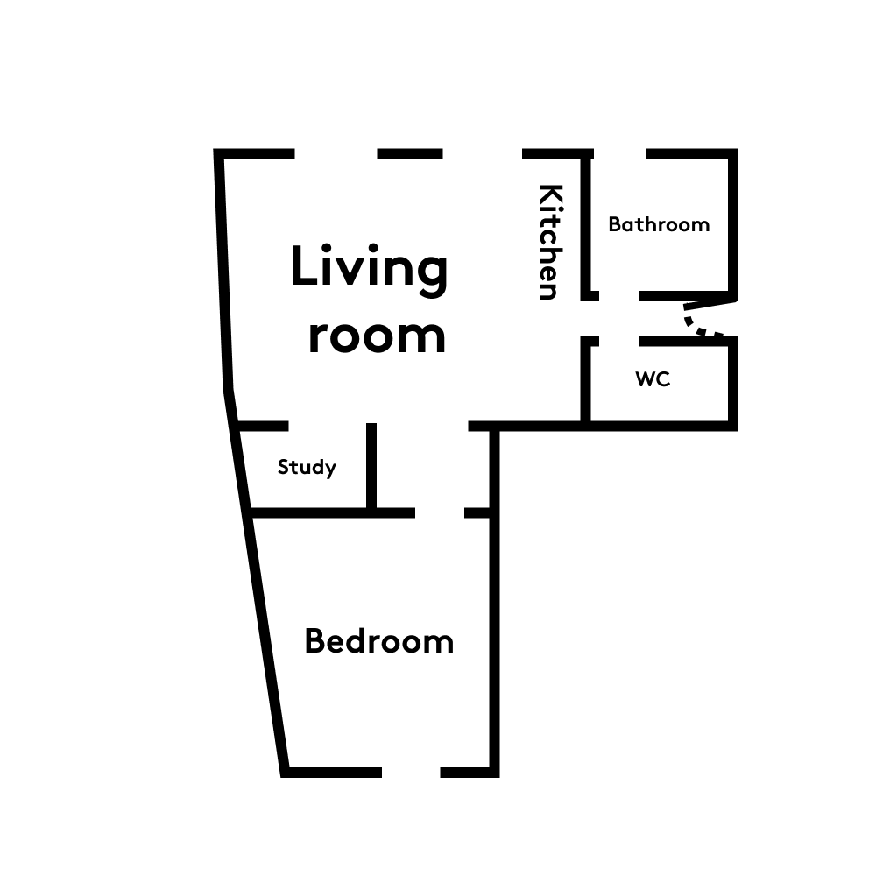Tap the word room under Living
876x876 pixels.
point(377,336)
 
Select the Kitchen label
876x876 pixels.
point(550,242)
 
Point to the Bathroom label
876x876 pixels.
point(659,224)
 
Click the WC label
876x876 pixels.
point(653,378)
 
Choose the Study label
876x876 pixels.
point(307,467)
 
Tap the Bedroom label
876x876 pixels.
point(378,641)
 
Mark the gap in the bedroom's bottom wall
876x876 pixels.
point(411,773)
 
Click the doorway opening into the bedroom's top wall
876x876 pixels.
point(440,512)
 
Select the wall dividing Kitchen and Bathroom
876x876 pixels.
point(586,225)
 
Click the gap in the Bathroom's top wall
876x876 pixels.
point(620,153)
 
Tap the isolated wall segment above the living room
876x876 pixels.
point(410,153)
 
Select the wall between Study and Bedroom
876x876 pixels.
point(333,512)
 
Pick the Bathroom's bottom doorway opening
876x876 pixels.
point(619,296)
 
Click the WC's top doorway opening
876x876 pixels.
point(619,342)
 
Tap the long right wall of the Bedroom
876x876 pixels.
point(494,599)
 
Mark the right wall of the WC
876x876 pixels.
point(733,384)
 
